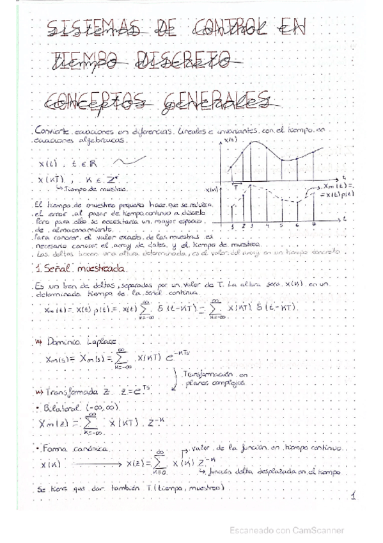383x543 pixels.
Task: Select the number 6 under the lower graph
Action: [298, 225]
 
